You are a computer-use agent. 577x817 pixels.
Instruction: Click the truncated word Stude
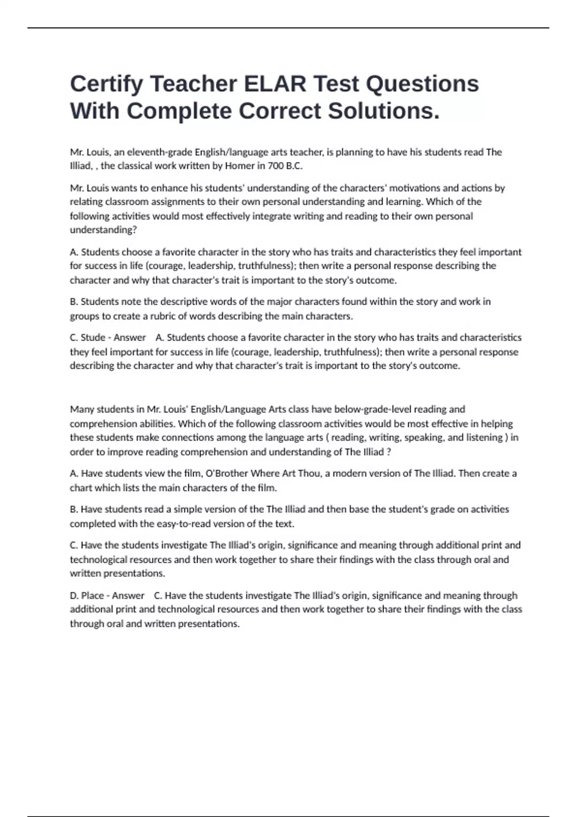pyautogui.click(x=93, y=337)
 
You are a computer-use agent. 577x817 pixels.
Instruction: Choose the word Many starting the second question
pyautogui.click(x=82, y=409)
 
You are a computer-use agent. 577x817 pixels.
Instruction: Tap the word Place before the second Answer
pyautogui.click(x=92, y=595)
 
